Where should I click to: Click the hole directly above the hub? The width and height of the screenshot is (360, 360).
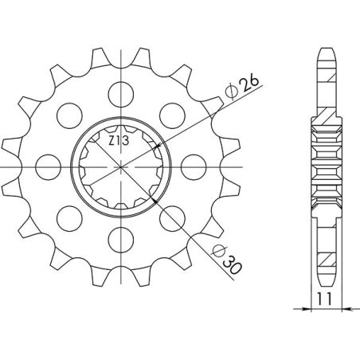(121, 88)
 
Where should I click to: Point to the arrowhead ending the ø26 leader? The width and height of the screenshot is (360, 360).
(159, 147)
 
